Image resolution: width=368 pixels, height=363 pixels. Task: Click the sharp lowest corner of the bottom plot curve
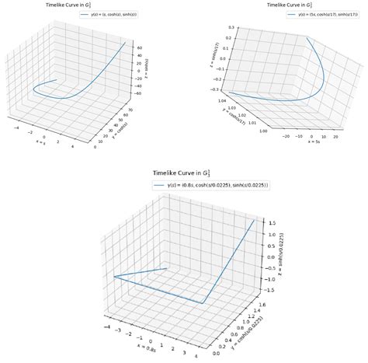[204, 303]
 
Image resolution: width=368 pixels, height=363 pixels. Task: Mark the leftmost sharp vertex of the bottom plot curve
[113, 277]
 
